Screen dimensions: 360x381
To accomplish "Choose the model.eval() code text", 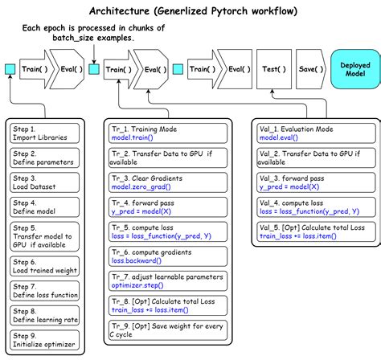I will click(277, 138).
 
